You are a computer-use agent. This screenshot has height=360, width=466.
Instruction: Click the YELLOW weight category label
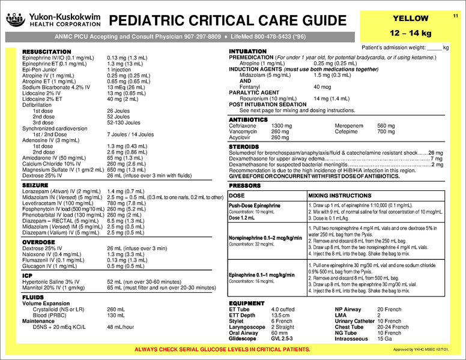click(x=410, y=19)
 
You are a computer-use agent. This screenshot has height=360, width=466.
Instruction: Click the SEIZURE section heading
click(x=35, y=187)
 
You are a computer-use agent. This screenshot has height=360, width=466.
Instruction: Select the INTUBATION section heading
click(x=248, y=52)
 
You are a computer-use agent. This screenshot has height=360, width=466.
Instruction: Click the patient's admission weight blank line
click(x=434, y=47)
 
